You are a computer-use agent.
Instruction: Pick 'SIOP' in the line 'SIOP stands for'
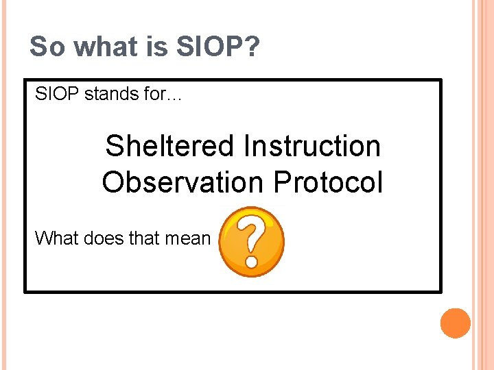57,94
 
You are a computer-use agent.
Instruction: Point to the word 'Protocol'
328,182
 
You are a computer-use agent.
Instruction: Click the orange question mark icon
251,242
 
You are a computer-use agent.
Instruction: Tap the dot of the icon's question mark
252,262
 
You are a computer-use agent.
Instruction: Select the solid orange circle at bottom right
455,323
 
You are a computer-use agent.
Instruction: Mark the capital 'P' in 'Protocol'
283,182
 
